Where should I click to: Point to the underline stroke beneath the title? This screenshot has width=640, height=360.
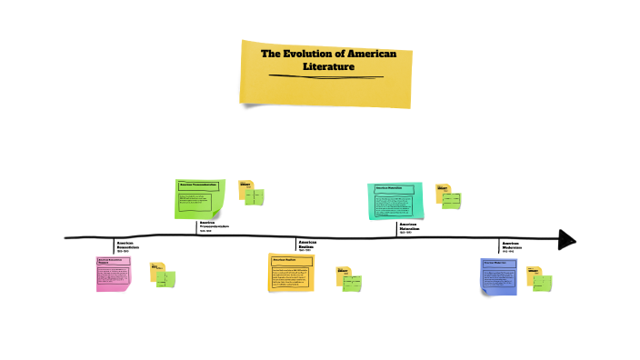pos(326,76)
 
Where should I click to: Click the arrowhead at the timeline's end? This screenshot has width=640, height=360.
pos(567,239)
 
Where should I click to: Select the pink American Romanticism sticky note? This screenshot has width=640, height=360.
pos(114,273)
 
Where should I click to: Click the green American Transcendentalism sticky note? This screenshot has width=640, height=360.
pos(199,199)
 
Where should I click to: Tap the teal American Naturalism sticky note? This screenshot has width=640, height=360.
pos(395,201)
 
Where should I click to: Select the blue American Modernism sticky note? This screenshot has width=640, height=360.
pos(499,275)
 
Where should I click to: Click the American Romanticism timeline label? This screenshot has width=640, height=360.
pos(129,245)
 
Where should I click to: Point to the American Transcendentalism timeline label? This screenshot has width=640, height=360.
pos(215,225)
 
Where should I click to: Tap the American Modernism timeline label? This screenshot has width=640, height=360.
pos(513,246)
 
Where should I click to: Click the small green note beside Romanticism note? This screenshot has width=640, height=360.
pos(166,278)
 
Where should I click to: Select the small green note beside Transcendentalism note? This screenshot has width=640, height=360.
pos(255,196)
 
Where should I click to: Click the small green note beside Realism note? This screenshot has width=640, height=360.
pos(353,278)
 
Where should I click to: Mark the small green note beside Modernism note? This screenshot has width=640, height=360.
pos(543,282)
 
